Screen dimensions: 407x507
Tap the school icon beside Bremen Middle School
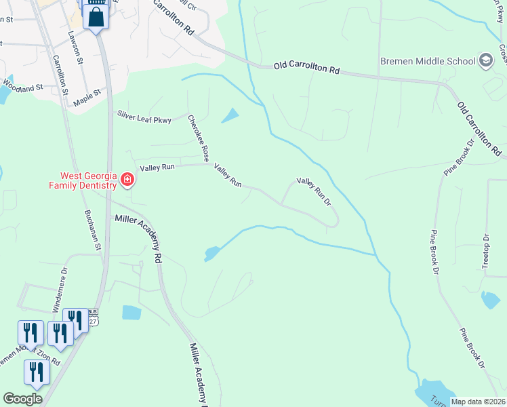(x=486, y=61)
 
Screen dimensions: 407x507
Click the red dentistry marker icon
(x=127, y=180)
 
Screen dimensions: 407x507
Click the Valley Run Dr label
(x=313, y=192)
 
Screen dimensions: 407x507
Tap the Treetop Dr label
(x=485, y=250)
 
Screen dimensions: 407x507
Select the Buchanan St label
(x=92, y=229)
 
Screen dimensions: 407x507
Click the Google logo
(x=22, y=399)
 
